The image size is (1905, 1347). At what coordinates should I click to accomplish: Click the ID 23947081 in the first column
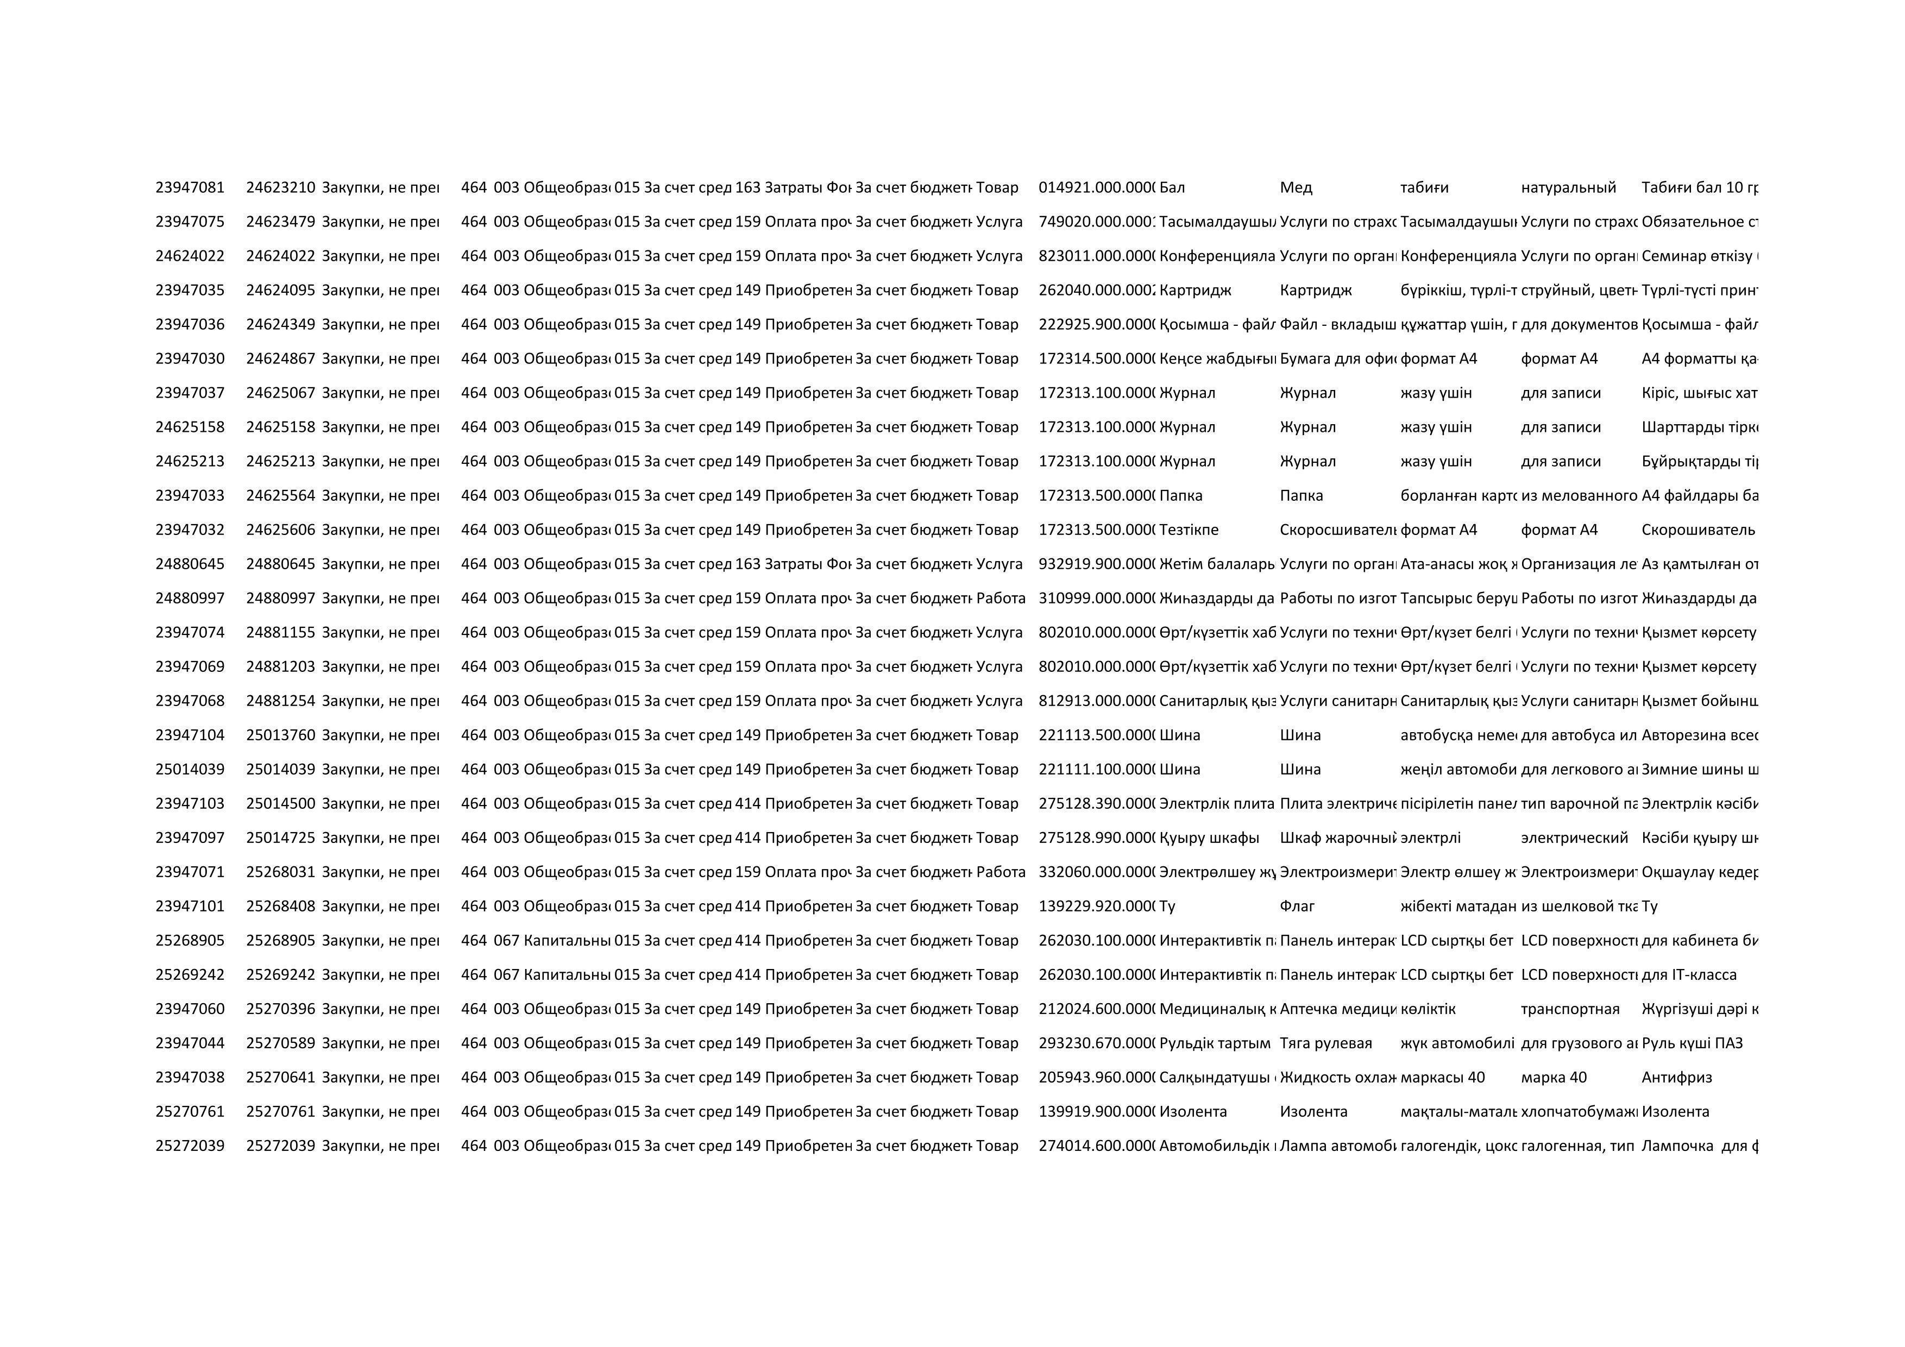pos(190,187)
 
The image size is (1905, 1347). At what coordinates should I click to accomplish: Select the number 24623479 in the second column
pos(280,222)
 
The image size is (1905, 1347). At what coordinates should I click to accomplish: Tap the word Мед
pos(1296,187)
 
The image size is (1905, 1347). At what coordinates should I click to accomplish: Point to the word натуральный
pos(1568,187)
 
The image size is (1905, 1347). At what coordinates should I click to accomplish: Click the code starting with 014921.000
pos(1096,187)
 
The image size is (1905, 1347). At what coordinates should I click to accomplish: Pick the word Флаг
pos(1298,906)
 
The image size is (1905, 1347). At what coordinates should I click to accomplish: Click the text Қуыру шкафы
pos(1209,838)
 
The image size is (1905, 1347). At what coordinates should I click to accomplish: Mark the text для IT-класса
pos(1688,974)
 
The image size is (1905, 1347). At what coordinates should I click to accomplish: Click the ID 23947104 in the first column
pos(190,735)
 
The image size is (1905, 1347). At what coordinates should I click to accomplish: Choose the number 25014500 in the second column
pos(280,803)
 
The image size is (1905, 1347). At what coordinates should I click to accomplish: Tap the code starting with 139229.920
pos(1096,906)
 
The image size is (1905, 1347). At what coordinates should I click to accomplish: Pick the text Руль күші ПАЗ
pos(1692,1043)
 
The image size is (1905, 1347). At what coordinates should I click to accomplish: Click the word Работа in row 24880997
pos(1001,598)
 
